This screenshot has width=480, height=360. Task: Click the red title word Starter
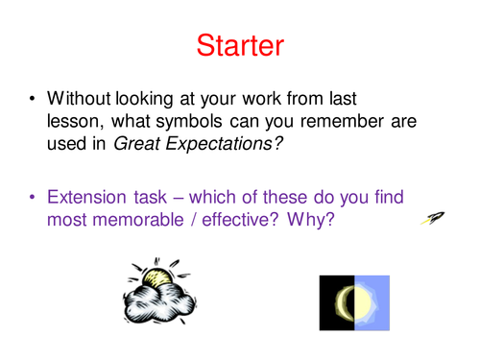(239, 43)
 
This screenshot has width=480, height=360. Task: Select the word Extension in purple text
(88, 198)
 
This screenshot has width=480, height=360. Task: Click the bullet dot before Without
(34, 99)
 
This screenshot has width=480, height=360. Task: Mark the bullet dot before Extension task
(34, 199)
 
